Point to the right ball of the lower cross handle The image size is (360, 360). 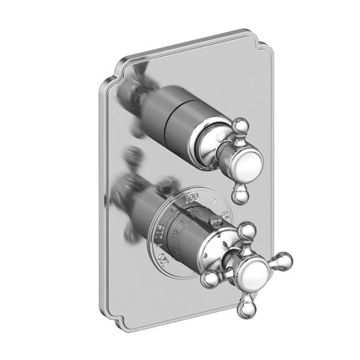click(283, 258)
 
